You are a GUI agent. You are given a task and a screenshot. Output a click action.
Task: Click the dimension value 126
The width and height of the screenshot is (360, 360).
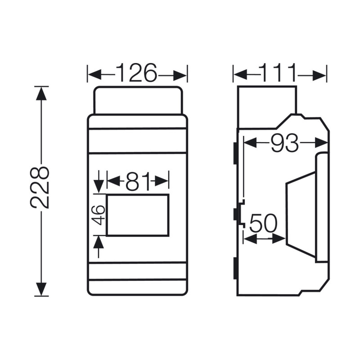coord(137,74)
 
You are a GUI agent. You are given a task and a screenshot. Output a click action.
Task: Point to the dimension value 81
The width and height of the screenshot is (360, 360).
coord(138,181)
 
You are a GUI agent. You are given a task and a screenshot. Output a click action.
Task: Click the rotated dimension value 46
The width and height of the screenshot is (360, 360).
coord(99,215)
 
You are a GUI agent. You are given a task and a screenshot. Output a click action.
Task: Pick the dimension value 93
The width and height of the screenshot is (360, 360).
coord(285,143)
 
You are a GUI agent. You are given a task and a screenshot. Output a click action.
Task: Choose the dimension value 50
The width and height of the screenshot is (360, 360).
coord(264,223)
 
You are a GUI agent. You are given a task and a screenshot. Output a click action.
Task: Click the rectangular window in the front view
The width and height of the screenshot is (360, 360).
coord(138,215)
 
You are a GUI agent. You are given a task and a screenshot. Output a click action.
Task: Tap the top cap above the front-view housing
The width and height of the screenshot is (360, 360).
coord(138,100)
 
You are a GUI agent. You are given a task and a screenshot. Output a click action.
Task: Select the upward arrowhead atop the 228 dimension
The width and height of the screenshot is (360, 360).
coord(41,93)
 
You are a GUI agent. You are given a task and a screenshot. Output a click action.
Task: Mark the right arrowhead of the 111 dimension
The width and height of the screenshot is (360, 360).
coord(320,75)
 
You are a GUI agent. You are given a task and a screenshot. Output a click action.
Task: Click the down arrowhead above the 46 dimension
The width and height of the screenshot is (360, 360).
coord(99,184)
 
